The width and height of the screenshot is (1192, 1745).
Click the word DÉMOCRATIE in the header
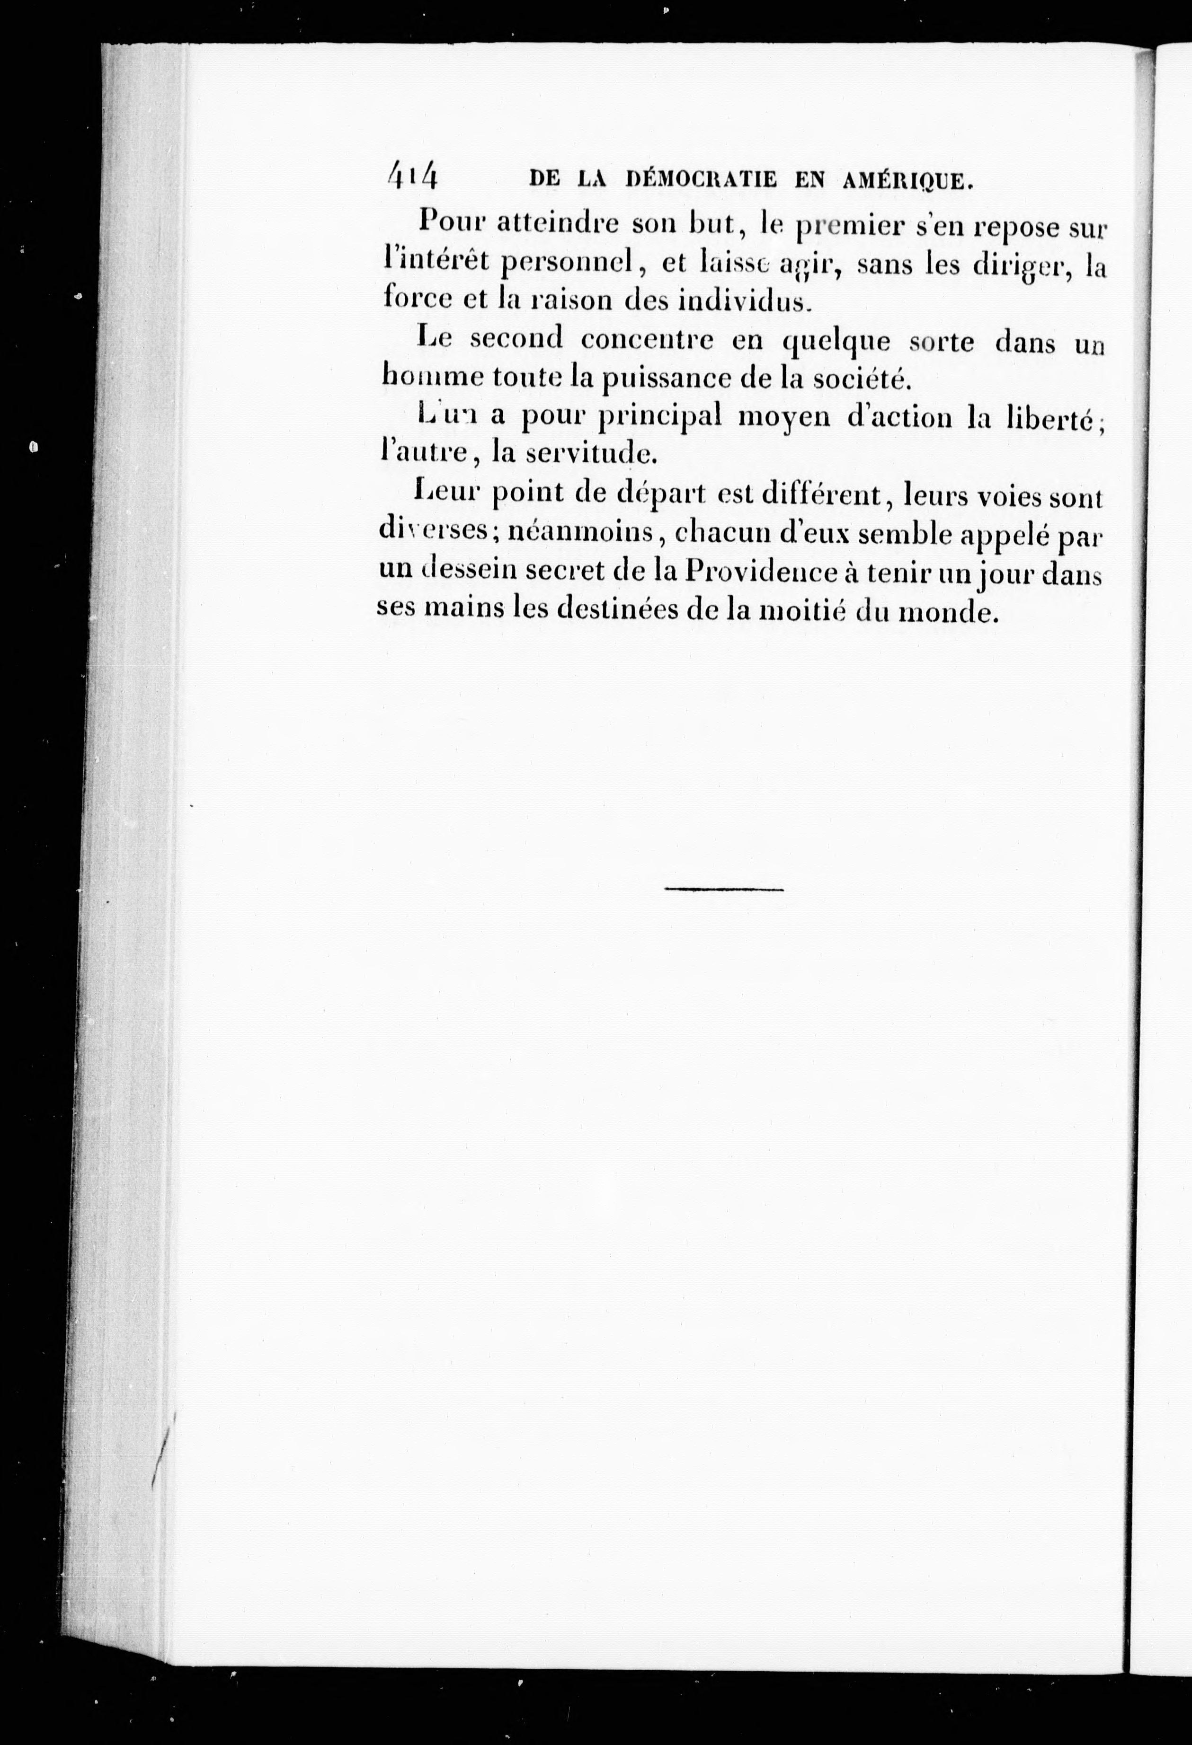[703, 181]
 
